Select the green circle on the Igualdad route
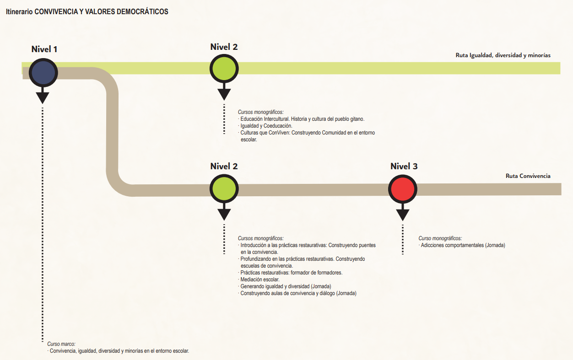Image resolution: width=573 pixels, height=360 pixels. click(x=224, y=69)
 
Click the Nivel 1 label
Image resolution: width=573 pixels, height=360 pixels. click(x=44, y=49)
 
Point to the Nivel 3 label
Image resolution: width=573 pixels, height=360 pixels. click(x=404, y=167)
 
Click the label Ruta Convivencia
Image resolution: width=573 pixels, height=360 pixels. click(x=528, y=176)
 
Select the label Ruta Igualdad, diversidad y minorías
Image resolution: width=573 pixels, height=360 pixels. click(x=503, y=55)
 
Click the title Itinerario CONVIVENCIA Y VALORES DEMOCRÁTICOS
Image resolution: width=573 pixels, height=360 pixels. click(x=87, y=12)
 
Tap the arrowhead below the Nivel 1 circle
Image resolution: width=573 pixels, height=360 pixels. click(x=43, y=97)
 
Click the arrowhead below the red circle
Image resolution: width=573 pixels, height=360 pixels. click(x=403, y=214)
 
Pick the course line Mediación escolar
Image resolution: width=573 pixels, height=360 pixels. click(x=260, y=279)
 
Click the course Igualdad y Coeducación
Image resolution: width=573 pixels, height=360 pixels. click(x=266, y=126)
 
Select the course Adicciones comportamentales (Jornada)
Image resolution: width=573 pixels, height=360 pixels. click(x=462, y=245)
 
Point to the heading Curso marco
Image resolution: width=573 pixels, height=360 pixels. click(x=61, y=344)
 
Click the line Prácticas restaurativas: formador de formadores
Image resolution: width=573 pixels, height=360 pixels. click(x=292, y=273)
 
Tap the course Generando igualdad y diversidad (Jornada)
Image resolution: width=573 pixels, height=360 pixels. click(x=286, y=286)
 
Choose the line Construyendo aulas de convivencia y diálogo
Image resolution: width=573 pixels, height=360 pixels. click(x=298, y=293)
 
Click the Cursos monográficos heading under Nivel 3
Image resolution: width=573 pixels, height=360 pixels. click(x=440, y=238)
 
